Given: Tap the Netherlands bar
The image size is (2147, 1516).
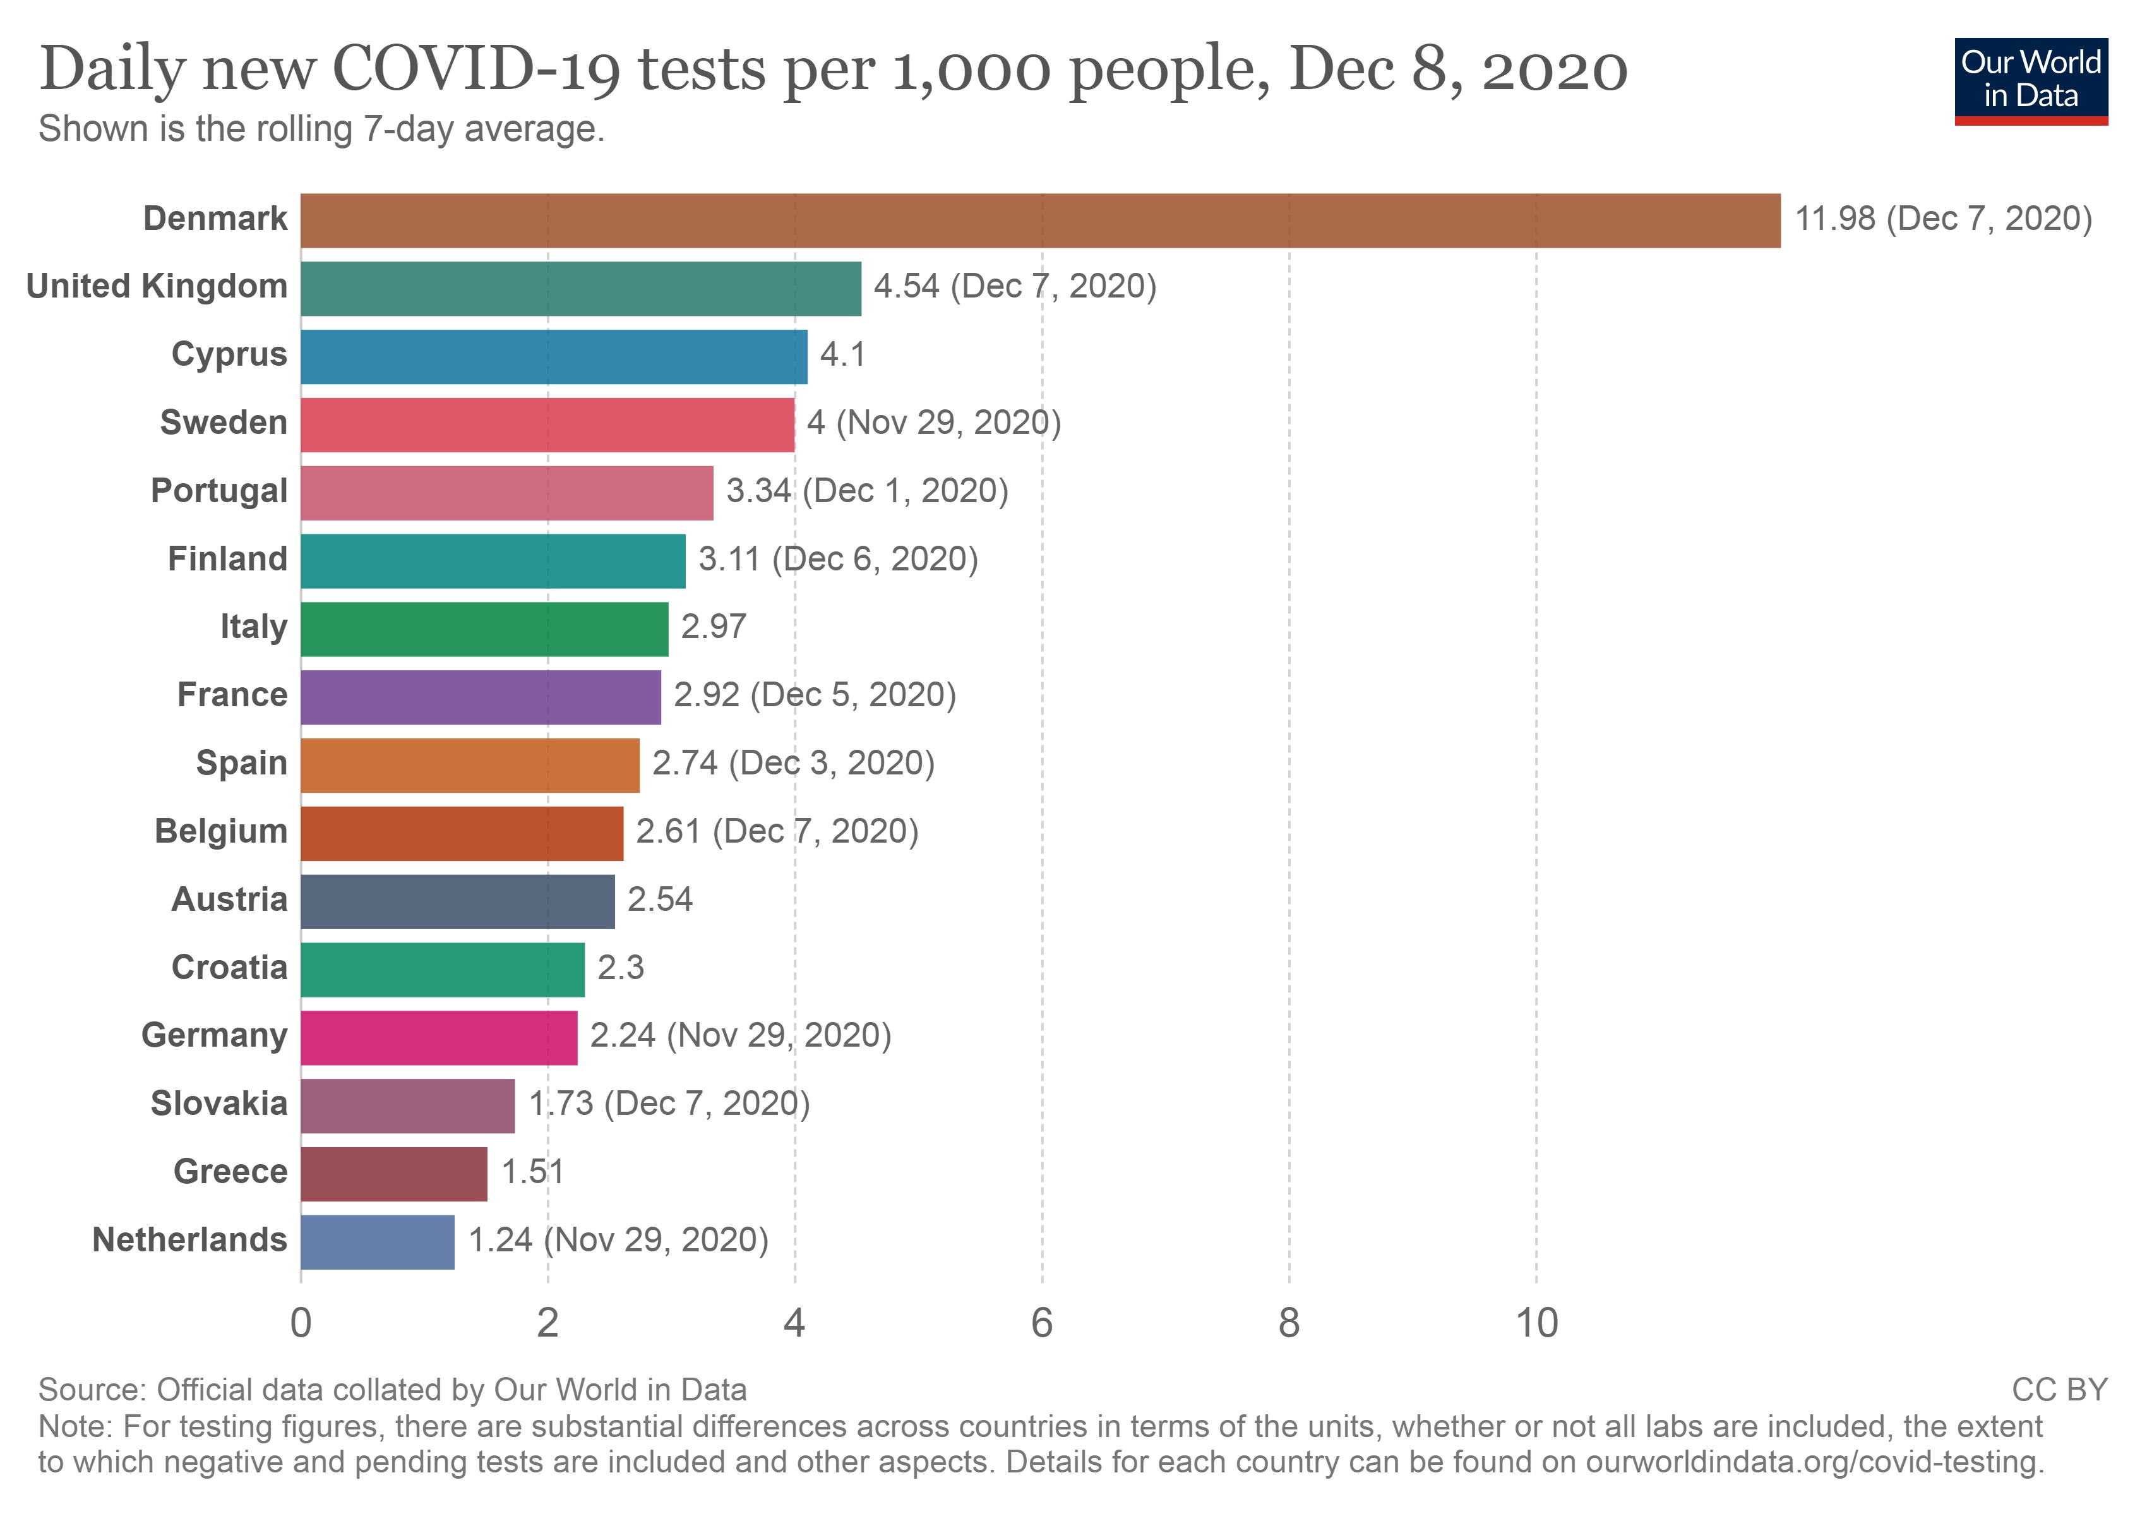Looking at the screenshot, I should pos(378,1241).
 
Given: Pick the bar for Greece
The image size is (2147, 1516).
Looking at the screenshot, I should pos(393,1174).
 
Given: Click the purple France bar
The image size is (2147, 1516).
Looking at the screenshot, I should pos(481,697).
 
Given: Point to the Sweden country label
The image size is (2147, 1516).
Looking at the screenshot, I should pos(224,423).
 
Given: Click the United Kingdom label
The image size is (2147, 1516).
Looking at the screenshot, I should pos(157,286).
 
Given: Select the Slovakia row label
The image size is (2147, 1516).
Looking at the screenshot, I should pos(219,1104).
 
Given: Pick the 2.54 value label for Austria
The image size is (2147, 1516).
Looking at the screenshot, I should pos(659,899).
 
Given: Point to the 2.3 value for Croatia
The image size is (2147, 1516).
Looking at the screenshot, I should pos(620,968).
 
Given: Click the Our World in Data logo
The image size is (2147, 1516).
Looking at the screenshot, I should pos(2030,80).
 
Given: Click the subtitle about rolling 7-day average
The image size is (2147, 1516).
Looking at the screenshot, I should pos(321,129).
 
